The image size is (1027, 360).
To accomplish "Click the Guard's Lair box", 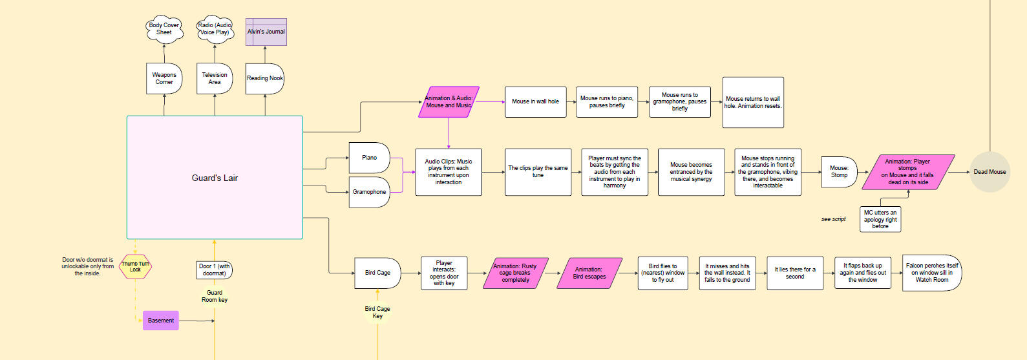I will coord(215,178).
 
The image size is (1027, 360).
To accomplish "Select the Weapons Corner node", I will coord(164,78).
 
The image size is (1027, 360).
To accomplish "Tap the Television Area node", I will coord(215,78).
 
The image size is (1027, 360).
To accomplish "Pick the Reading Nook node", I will coord(265,78).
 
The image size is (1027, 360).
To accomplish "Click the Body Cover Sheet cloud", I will coord(164,29).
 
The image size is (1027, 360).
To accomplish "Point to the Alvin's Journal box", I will coord(266,32).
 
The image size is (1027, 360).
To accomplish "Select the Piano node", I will coord(369,158).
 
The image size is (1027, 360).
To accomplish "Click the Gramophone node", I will coord(369,192).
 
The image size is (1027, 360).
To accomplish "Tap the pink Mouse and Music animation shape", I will coord(449,102).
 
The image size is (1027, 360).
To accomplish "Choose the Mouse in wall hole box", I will coord(535,101).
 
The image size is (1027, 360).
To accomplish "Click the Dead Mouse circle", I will coord(990,172).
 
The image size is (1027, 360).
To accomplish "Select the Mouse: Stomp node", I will coord(839,172).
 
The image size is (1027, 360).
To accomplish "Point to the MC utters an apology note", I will coord(880,219).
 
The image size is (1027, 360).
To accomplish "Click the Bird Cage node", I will coord(377,273).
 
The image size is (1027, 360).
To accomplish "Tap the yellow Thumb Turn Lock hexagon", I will coord(135,266).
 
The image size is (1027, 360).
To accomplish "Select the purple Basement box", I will coord(160,321).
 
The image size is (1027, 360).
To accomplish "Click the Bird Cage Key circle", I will coord(377,312).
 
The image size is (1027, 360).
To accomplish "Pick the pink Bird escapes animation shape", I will coord(589,273).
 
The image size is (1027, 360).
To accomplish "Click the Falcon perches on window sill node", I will coord(931,273).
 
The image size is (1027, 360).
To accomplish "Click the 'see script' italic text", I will coord(833,219).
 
